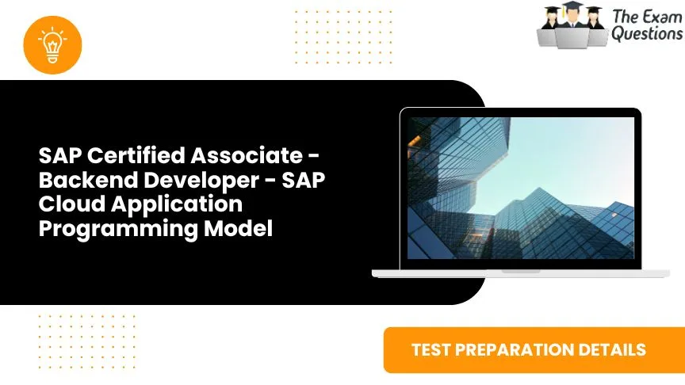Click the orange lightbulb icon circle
[x=53, y=44]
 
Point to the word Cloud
[x=63, y=204]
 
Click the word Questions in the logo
[x=646, y=34]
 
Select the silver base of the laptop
[x=520, y=273]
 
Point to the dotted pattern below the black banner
[x=86, y=340]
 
